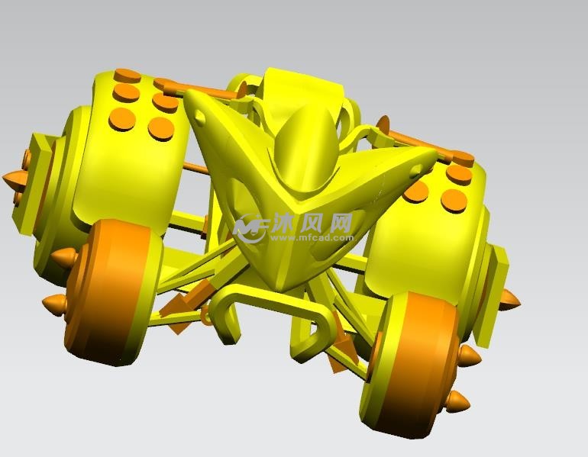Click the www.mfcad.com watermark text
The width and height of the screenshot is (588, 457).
[312, 238]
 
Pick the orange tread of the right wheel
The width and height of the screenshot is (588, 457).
[412, 359]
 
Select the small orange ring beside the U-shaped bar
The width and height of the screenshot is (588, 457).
[206, 315]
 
